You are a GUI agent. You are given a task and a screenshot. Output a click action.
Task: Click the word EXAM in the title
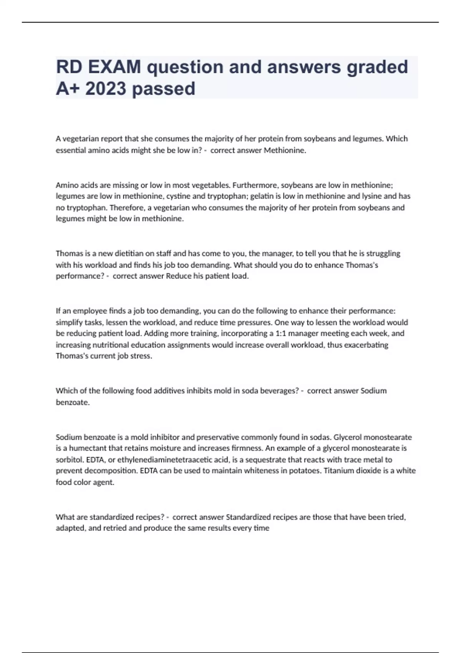(114, 67)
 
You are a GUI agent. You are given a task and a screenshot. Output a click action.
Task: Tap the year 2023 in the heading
(106, 89)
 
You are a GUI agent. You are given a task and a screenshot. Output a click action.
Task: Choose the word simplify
(69, 322)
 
